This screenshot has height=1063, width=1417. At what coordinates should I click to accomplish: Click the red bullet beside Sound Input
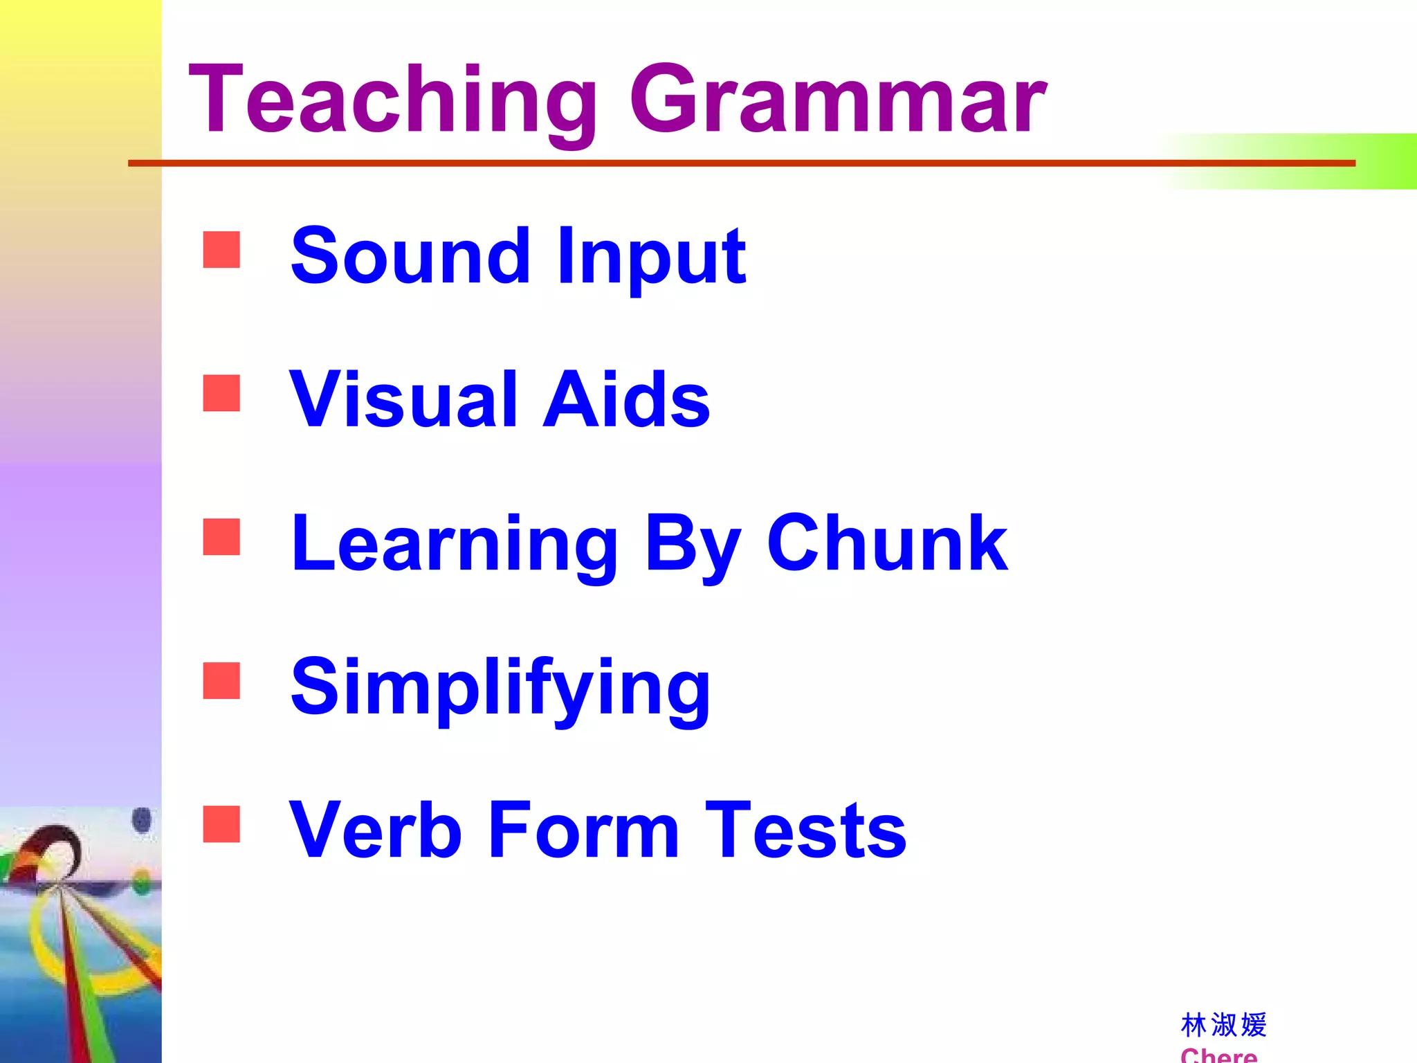pyautogui.click(x=221, y=249)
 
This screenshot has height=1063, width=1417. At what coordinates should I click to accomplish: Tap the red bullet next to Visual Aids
pyautogui.click(x=221, y=393)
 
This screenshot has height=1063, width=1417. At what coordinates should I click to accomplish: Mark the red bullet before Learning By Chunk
pyautogui.click(x=221, y=537)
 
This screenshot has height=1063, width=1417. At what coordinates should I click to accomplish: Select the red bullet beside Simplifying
pyautogui.click(x=221, y=680)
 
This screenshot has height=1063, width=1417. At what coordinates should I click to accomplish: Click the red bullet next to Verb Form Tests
pyautogui.click(x=221, y=824)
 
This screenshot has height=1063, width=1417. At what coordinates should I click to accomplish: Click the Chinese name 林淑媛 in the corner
pyautogui.click(x=1223, y=1025)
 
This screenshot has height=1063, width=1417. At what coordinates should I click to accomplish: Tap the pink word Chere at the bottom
pyautogui.click(x=1219, y=1055)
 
